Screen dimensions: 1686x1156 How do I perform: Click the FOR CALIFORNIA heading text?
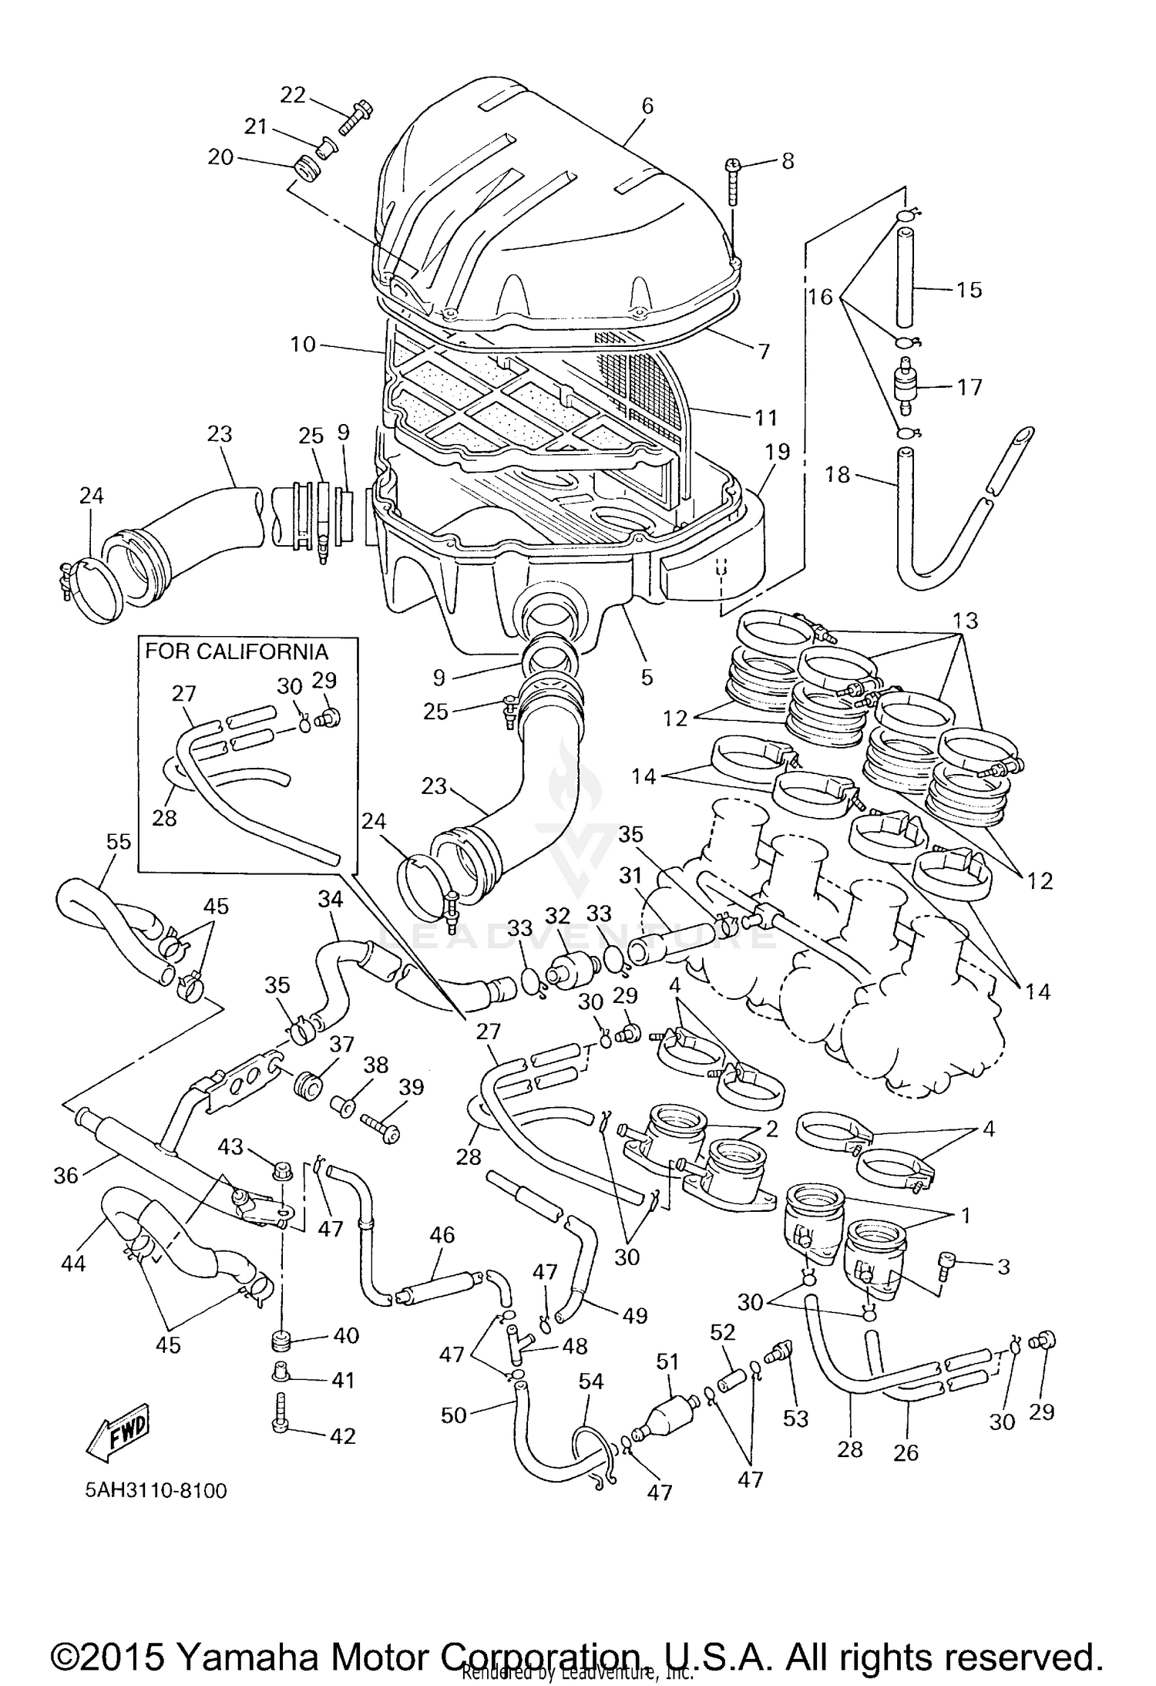pyautogui.click(x=237, y=652)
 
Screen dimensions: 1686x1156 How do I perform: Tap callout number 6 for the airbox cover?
pyautogui.click(x=647, y=106)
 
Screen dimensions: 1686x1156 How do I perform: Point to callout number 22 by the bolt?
pyautogui.click(x=292, y=95)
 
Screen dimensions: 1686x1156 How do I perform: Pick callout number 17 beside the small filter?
pyautogui.click(x=969, y=386)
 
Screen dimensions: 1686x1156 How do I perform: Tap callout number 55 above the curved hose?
pyautogui.click(x=119, y=842)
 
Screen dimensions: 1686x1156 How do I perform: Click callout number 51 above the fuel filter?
pyautogui.click(x=667, y=1362)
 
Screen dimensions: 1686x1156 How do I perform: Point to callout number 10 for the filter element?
pyautogui.click(x=303, y=344)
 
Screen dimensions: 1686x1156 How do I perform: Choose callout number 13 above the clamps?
pyautogui.click(x=963, y=621)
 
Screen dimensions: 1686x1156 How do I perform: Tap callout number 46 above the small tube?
pyautogui.click(x=442, y=1236)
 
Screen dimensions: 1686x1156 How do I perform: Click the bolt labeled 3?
pyautogui.click(x=946, y=1265)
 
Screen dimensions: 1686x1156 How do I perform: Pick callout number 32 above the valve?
pyautogui.click(x=556, y=916)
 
